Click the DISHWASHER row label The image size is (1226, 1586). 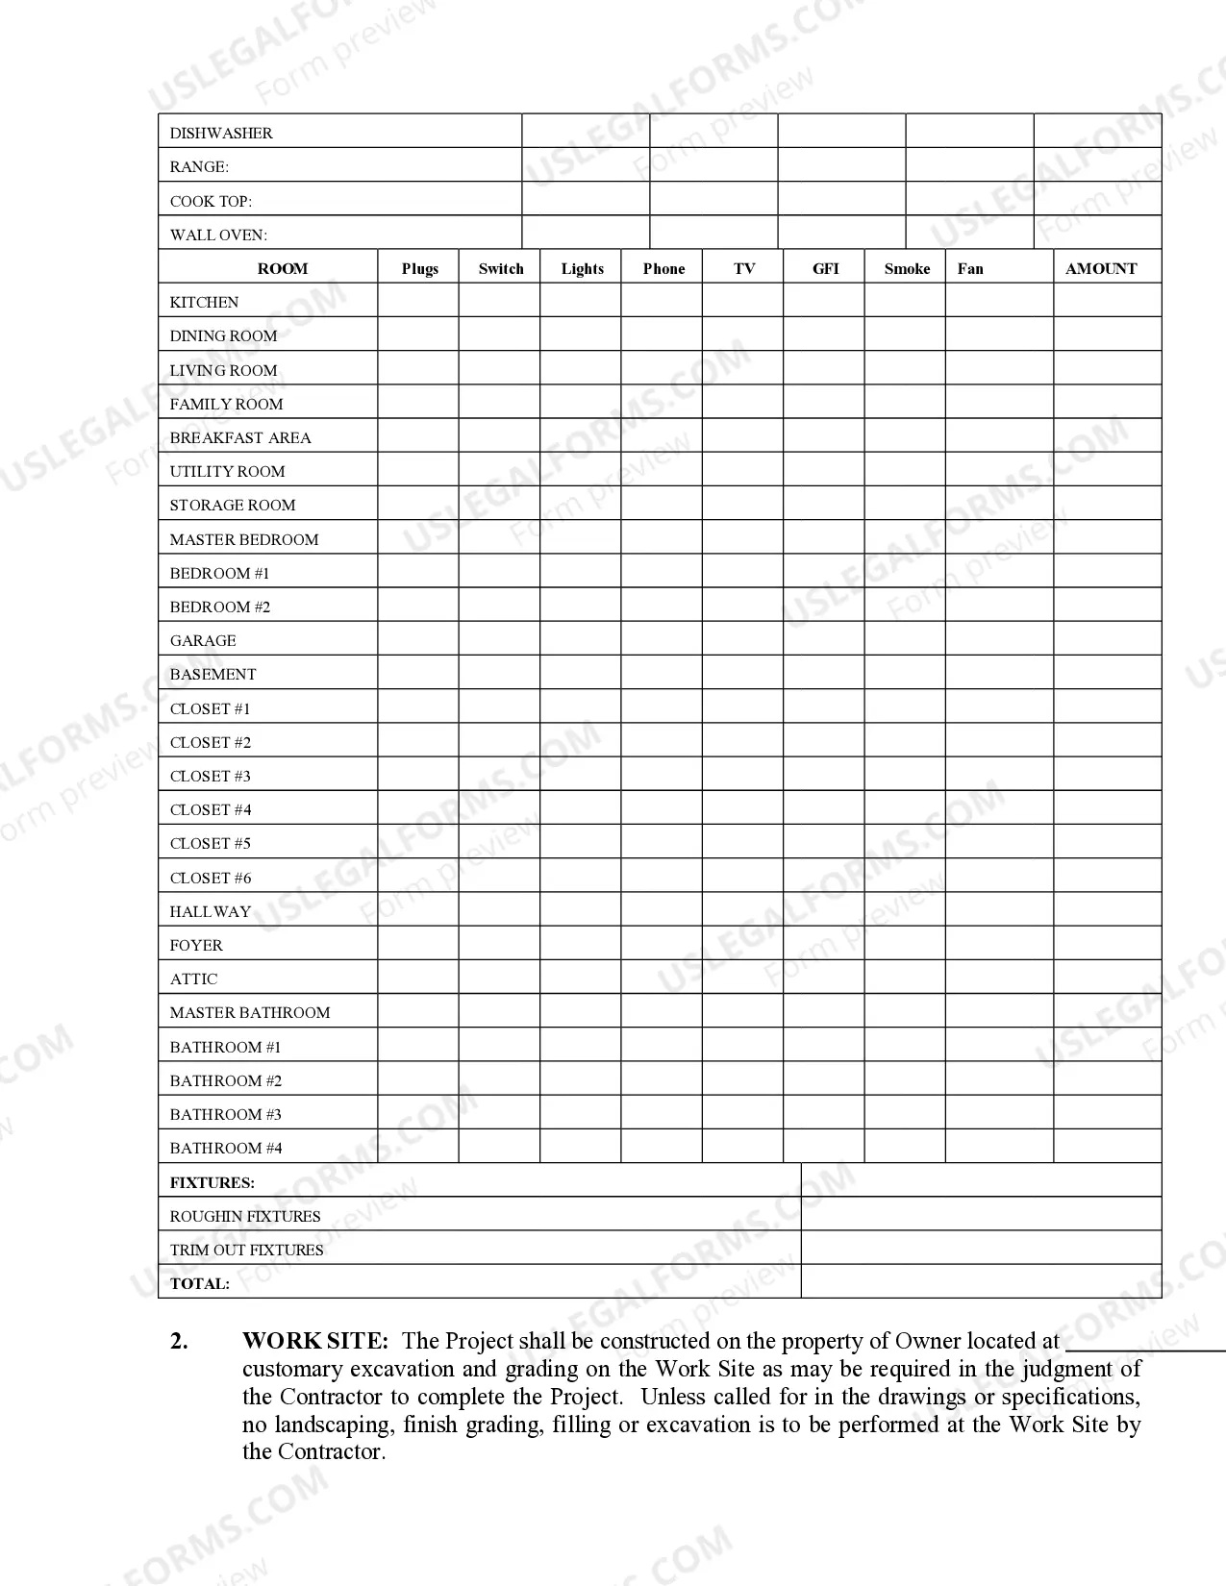pyautogui.click(x=221, y=133)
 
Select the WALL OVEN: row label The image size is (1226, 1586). pyautogui.click(x=218, y=235)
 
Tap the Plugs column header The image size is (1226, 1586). pyautogui.click(x=419, y=268)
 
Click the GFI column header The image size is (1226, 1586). pyautogui.click(x=825, y=268)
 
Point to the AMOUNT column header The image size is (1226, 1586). pyautogui.click(x=1101, y=268)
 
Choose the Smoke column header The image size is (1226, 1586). pyautogui.click(x=907, y=268)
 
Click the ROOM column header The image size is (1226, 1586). pyautogui.click(x=283, y=268)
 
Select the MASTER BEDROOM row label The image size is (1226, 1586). pyautogui.click(x=244, y=539)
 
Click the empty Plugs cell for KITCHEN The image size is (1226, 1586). pyautogui.click(x=418, y=301)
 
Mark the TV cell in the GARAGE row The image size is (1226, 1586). pyautogui.click(x=742, y=639)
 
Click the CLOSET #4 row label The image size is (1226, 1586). pyautogui.click(x=211, y=809)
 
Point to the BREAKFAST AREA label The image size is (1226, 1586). pyautogui.click(x=240, y=437)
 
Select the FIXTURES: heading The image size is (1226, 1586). pyautogui.click(x=213, y=1182)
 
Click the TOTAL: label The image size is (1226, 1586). pyautogui.click(x=200, y=1283)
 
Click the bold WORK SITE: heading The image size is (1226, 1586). pyautogui.click(x=315, y=1341)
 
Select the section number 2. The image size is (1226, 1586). pyautogui.click(x=179, y=1341)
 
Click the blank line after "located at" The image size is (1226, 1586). pyautogui.click(x=1144, y=1344)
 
